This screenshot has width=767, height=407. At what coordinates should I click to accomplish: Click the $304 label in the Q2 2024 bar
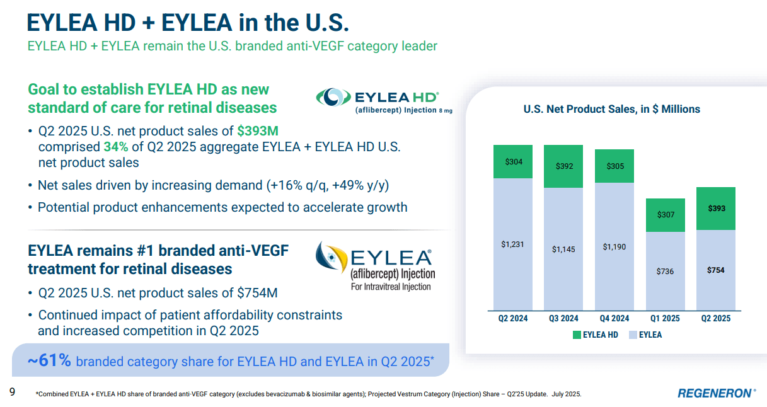[x=514, y=162]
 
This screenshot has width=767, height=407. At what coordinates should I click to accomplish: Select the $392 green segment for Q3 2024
[x=564, y=167]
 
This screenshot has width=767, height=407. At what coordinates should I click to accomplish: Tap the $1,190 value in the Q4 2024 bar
[x=614, y=247]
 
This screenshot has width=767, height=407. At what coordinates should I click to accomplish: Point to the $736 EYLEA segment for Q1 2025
[x=665, y=272]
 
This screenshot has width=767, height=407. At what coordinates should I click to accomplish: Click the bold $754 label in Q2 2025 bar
[x=715, y=270]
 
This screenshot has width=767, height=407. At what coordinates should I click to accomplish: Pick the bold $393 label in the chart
[x=715, y=209]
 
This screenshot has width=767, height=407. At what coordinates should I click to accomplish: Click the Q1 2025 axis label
[x=665, y=319]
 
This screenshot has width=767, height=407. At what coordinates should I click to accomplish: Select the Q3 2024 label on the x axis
[x=564, y=319]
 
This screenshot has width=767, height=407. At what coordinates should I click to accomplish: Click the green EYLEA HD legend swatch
[x=577, y=335]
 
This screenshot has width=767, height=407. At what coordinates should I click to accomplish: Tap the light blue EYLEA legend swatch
[x=633, y=335]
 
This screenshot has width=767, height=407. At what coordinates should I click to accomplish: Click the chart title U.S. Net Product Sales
[x=611, y=109]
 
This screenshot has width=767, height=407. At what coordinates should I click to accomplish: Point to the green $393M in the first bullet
[x=257, y=131]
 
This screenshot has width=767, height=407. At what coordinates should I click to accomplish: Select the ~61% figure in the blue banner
[x=49, y=361]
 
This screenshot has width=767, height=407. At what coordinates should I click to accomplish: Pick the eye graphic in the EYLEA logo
[x=330, y=258]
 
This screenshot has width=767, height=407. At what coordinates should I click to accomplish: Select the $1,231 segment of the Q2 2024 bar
[x=514, y=244]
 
